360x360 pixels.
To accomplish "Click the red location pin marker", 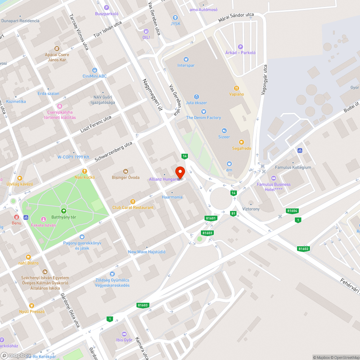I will (x=180, y=172).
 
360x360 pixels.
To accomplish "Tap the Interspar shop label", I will (x=186, y=65).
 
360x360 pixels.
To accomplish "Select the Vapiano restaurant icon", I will (x=237, y=88).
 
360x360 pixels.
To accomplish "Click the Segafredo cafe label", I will (x=242, y=148).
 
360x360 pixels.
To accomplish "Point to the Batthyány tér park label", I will (x=64, y=217).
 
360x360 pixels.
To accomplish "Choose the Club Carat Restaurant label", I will (x=133, y=207).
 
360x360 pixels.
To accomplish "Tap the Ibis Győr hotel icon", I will (x=124, y=334).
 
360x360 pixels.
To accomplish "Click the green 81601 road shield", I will (x=211, y=218).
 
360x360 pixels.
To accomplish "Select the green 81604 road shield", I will (x=292, y=211).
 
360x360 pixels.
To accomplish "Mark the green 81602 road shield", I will (x=303, y=249).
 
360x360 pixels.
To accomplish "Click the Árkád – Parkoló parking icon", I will (x=240, y=46).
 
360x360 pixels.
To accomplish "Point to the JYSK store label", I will (x=175, y=24).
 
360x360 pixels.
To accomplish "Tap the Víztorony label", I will (x=251, y=209).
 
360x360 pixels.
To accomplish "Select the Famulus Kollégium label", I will (x=293, y=167).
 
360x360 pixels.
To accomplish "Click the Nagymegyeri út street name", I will (x=151, y=95).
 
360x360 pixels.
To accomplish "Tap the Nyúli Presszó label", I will (x=32, y=311).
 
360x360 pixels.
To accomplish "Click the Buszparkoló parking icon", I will (x=107, y=8).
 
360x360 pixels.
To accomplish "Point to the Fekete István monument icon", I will (x=43, y=219).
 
